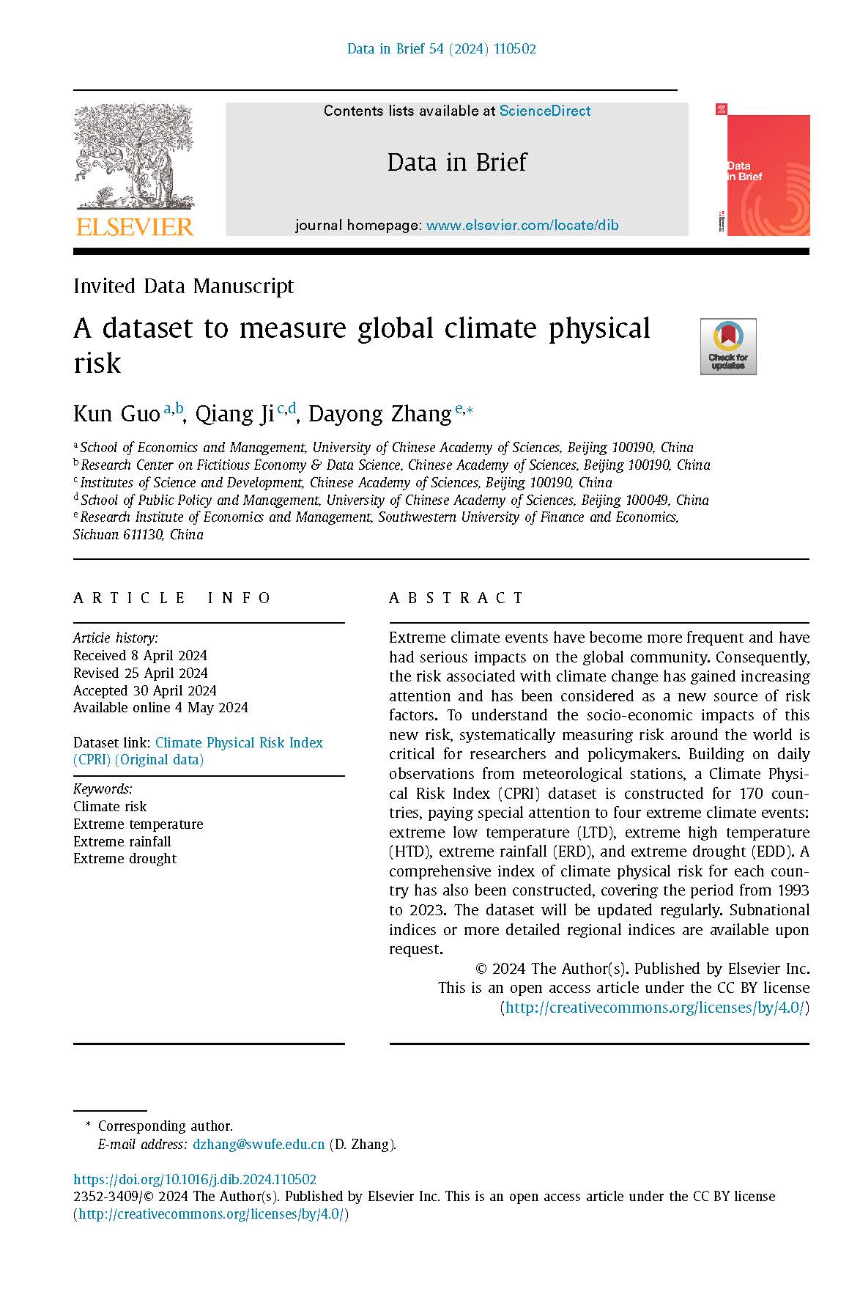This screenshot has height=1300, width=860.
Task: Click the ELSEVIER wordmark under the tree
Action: click(x=134, y=226)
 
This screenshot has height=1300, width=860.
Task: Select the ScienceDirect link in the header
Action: click(x=544, y=111)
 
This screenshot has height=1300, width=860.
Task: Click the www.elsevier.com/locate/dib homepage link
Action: click(x=522, y=225)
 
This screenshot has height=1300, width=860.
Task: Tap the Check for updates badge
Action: click(x=727, y=347)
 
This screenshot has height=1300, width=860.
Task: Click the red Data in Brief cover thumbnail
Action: click(x=763, y=170)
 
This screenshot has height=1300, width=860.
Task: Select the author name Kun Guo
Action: click(x=116, y=414)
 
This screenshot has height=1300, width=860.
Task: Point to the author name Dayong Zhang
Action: click(x=379, y=414)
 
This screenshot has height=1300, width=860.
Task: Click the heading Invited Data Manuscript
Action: click(x=183, y=286)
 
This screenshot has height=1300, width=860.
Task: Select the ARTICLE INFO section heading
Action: click(x=172, y=598)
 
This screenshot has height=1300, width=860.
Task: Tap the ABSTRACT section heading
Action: click(x=456, y=598)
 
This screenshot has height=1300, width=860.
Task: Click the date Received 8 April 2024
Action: click(x=140, y=655)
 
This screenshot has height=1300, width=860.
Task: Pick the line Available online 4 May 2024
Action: click(x=160, y=707)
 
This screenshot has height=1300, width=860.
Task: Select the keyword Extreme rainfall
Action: click(x=122, y=841)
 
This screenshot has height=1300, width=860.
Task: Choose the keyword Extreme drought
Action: click(x=125, y=858)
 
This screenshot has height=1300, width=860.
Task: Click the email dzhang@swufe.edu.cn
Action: click(x=258, y=1144)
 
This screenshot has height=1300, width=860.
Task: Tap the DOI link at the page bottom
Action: click(x=194, y=1179)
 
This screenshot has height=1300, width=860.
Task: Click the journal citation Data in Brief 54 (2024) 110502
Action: click(x=441, y=49)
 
